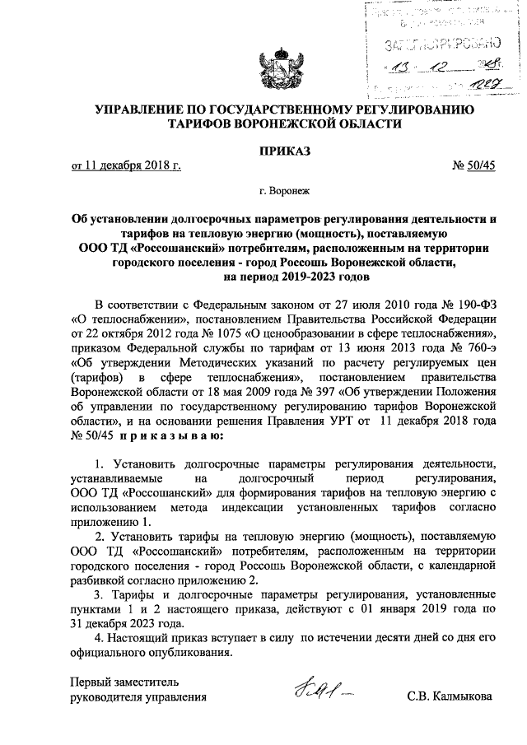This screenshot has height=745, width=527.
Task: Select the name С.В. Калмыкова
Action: pos(449,696)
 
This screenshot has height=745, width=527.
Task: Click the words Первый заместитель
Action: pos(121,682)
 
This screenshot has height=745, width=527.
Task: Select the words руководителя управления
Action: pos(138,697)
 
